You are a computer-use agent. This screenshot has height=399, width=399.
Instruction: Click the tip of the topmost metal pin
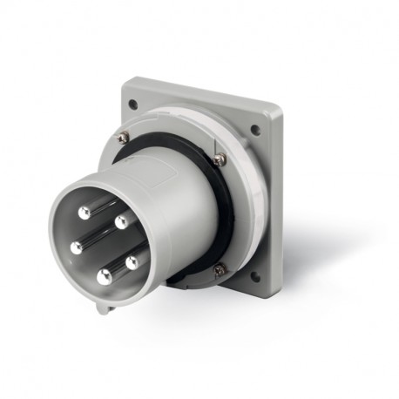pos(84,213)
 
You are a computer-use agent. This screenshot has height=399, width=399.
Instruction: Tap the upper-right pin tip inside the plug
pos(121,221)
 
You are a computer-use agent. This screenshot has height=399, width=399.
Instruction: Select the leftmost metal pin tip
pos(77,247)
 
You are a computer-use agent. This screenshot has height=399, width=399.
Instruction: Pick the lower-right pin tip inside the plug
pos(132,260)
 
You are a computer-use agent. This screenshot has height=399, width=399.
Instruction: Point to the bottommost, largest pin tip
pos(105,277)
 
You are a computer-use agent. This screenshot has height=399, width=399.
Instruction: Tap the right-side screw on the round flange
pos(220,159)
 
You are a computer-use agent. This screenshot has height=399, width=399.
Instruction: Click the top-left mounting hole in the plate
pos(132,105)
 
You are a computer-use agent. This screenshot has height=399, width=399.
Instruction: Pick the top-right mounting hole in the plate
pos(255,131)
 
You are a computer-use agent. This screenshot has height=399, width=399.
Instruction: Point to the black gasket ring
pos(228,218)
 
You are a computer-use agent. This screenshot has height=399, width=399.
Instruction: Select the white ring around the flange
pos(248,200)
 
